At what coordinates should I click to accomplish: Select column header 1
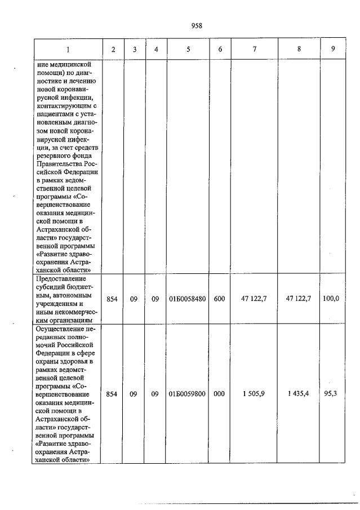click(68, 49)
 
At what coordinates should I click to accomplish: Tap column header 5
click(188, 49)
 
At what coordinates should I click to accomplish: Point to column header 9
click(333, 49)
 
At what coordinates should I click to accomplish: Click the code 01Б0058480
click(188, 299)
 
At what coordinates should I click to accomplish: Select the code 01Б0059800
click(188, 394)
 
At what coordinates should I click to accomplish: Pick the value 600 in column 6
click(220, 299)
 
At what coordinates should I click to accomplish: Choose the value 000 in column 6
click(220, 394)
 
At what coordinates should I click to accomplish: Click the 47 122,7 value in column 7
click(254, 299)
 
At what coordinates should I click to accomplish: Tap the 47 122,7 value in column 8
click(299, 299)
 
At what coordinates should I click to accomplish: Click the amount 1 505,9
click(254, 394)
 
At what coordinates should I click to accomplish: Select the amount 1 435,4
click(299, 394)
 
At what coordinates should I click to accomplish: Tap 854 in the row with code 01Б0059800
click(112, 394)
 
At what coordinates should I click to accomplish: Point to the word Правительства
click(62, 163)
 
